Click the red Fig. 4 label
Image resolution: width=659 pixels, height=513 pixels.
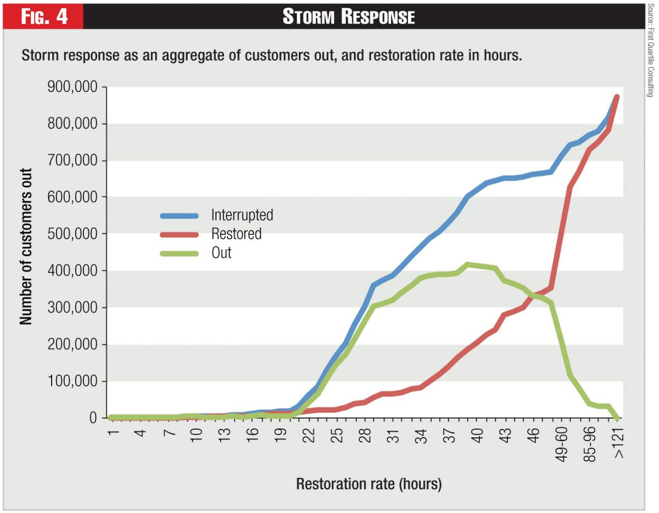click(x=44, y=16)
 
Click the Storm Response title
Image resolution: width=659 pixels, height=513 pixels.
click(x=349, y=16)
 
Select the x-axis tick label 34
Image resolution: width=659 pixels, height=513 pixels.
click(x=422, y=436)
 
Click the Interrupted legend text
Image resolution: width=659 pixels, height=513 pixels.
click(x=242, y=215)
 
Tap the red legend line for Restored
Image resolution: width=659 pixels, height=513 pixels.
click(x=179, y=234)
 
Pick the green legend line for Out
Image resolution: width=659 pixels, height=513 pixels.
click(x=179, y=253)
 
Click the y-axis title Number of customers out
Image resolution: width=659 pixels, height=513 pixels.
click(x=26, y=253)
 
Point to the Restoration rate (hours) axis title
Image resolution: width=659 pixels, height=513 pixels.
click(x=368, y=484)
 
